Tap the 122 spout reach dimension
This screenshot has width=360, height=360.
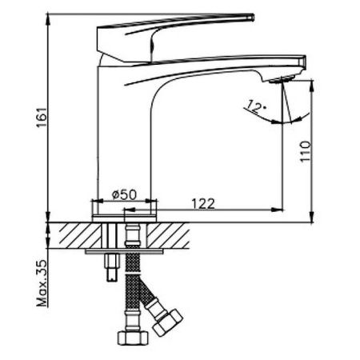206,204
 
